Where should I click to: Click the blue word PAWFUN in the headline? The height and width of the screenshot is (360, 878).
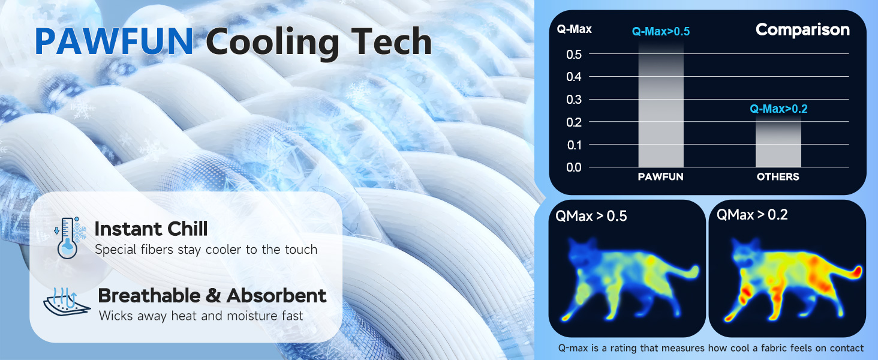pyautogui.click(x=114, y=41)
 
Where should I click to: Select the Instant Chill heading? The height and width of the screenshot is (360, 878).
pyautogui.click(x=151, y=229)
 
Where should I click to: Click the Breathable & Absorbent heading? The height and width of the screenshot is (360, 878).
pyautogui.click(x=212, y=296)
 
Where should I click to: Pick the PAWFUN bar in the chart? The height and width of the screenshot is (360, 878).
pyautogui.click(x=661, y=104)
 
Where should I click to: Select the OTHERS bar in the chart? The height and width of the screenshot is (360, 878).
pyautogui.click(x=778, y=142)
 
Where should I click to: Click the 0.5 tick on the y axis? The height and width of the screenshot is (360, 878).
pyautogui.click(x=574, y=55)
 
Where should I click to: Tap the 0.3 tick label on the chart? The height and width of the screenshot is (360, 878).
pyautogui.click(x=574, y=100)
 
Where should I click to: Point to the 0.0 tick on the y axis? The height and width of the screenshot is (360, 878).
pyautogui.click(x=574, y=167)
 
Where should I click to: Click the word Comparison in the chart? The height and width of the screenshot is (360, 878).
pyautogui.click(x=802, y=30)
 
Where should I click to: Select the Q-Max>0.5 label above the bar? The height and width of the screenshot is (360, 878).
pyautogui.click(x=661, y=31)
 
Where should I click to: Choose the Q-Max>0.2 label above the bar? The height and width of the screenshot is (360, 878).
pyautogui.click(x=778, y=109)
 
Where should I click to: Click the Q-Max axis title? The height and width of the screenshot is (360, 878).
pyautogui.click(x=574, y=29)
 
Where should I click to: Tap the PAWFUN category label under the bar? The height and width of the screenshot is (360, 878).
pyautogui.click(x=660, y=177)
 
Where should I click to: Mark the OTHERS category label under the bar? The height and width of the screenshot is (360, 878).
pyautogui.click(x=778, y=177)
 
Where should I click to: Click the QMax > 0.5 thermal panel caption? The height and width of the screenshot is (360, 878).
pyautogui.click(x=591, y=216)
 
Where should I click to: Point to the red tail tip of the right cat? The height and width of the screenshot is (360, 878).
pyautogui.click(x=858, y=271)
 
